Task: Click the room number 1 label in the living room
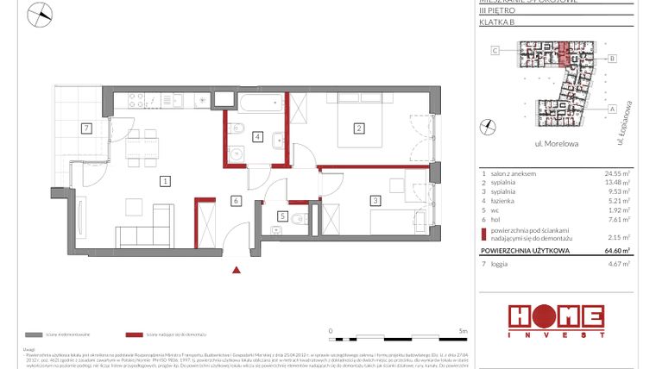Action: click(165, 181)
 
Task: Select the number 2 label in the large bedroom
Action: click(357, 129)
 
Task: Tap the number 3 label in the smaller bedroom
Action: click(375, 201)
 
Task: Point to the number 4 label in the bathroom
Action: click(257, 136)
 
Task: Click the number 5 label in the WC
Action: click(282, 216)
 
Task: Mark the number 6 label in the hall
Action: click(234, 201)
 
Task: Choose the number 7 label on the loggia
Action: click(85, 129)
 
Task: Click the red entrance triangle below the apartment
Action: click(237, 269)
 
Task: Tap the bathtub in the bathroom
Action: click(256, 105)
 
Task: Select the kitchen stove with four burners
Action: click(138, 101)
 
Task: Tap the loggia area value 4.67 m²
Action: click(620, 266)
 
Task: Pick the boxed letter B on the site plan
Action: click(611, 59)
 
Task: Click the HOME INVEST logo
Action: click(555, 320)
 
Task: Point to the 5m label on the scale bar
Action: click(463, 330)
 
